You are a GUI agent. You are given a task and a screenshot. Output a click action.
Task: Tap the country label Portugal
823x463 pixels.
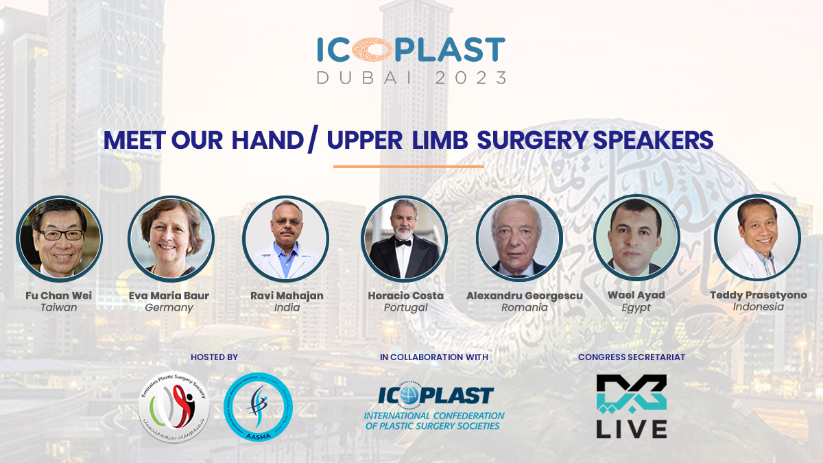pyautogui.click(x=405, y=308)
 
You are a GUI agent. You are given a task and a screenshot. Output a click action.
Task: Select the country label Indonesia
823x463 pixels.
pyautogui.click(x=758, y=307)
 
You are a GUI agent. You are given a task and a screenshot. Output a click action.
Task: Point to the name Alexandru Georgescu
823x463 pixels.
pyautogui.click(x=525, y=296)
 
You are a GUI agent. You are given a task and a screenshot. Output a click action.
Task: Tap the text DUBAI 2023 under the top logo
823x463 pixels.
pyautogui.click(x=411, y=78)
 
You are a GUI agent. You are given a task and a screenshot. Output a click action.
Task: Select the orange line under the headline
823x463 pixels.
pyautogui.click(x=408, y=166)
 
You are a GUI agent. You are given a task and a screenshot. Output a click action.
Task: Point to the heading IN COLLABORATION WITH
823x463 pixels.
pyautogui.click(x=434, y=357)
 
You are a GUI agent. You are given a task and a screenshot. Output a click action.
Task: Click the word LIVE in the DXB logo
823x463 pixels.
pyautogui.click(x=631, y=427)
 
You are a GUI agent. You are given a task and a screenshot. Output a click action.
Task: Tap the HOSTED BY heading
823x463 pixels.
pyautogui.click(x=214, y=357)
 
